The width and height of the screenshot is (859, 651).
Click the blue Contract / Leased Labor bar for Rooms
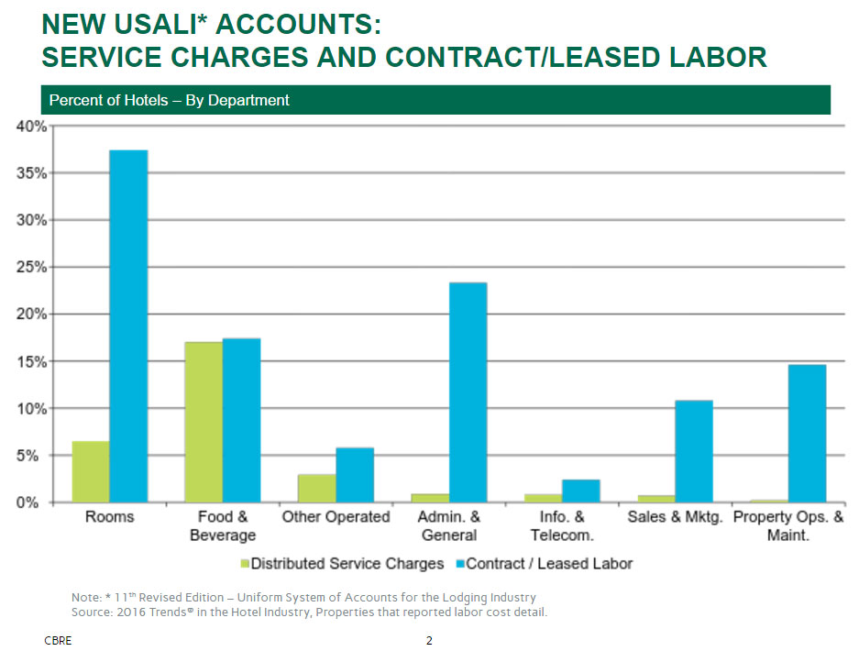[x=128, y=326]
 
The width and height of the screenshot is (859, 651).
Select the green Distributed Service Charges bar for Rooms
[x=91, y=471]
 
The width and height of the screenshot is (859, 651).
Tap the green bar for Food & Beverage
[x=204, y=422]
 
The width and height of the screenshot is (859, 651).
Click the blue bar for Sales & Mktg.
[x=693, y=451]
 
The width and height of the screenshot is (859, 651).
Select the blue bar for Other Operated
[x=355, y=475]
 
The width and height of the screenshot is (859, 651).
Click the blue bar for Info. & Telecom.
[x=580, y=491]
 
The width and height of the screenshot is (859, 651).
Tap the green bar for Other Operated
[x=317, y=488]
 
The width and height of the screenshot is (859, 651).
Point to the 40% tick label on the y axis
[x=31, y=127]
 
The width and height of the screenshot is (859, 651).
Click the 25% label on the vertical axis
[x=31, y=268]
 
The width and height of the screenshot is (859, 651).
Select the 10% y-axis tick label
[x=31, y=409]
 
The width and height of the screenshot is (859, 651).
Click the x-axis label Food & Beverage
[x=223, y=525]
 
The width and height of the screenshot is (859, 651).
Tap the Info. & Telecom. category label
[x=561, y=525]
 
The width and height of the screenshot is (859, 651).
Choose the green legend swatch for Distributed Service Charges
[x=244, y=564]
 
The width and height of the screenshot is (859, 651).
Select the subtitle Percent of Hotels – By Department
[x=169, y=100]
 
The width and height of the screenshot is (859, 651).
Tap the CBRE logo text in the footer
[x=58, y=640]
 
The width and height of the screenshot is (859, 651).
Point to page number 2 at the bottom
[x=429, y=640]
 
